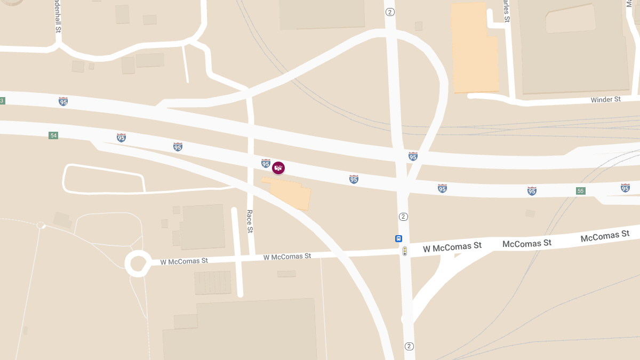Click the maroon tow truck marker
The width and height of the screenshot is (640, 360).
point(278,168)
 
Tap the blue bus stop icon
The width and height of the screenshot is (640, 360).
point(398,238)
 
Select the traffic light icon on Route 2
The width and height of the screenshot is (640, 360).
point(405,251)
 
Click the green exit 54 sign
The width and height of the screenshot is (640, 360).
point(53,135)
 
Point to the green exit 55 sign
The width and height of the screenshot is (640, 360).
point(580,191)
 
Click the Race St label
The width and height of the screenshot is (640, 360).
point(250,221)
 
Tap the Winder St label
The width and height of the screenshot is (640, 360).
point(605,100)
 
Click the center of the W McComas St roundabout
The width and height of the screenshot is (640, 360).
point(137,263)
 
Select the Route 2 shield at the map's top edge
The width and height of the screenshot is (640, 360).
point(390,12)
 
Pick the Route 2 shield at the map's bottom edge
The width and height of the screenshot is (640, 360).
point(409,346)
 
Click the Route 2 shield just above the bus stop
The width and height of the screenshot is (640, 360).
point(403,217)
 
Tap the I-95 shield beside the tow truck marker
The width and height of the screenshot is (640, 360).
point(266,163)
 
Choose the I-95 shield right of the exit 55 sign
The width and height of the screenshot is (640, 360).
point(625,188)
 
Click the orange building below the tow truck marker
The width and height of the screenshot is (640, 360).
point(288,193)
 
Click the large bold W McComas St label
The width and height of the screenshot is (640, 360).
point(452,246)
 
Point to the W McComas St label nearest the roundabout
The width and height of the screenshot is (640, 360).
point(185,261)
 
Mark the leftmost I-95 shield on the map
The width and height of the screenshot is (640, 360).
point(63,101)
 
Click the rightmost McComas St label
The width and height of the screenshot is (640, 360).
point(605,236)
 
